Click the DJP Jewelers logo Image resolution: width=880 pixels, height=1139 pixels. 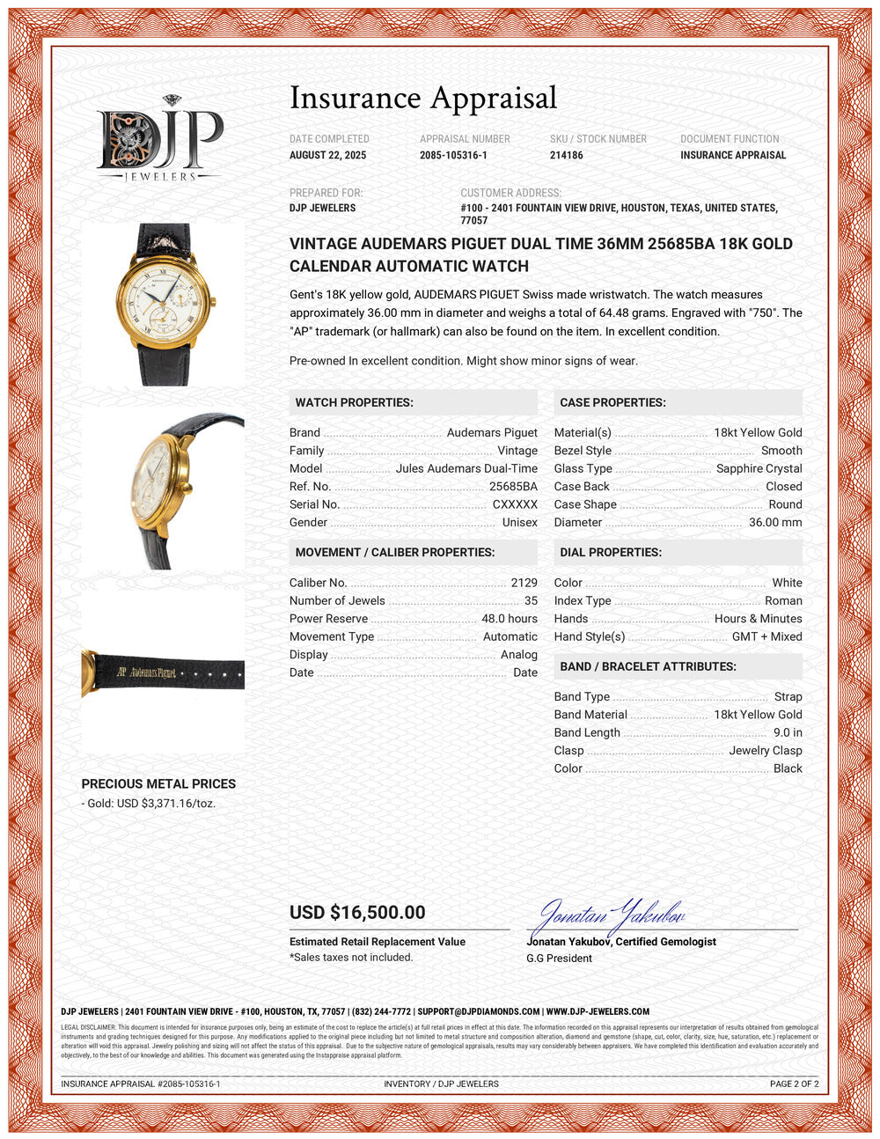tap(159, 140)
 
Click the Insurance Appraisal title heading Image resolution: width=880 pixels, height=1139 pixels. tap(423, 98)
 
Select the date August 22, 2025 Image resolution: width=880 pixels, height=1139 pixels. tap(327, 155)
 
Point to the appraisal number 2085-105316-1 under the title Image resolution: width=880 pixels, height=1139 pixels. tap(453, 155)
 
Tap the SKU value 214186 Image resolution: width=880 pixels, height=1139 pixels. tap(566, 155)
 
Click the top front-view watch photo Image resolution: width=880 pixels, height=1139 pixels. tap(163, 304)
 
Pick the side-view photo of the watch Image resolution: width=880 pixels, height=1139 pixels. tap(163, 489)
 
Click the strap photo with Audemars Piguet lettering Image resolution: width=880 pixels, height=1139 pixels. tap(163, 672)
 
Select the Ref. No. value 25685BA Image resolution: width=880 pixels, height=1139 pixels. tap(513, 486)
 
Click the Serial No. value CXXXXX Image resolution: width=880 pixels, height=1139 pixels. tap(515, 504)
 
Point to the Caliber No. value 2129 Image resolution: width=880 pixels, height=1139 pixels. tap(524, 583)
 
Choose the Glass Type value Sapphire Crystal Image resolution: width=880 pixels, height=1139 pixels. tap(759, 468)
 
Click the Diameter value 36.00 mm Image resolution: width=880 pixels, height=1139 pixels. tap(775, 522)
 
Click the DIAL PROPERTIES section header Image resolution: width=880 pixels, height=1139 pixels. tap(611, 552)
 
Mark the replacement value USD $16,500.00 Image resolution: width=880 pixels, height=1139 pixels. tap(357, 913)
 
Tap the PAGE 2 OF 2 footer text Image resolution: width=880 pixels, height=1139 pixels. tap(794, 1084)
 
